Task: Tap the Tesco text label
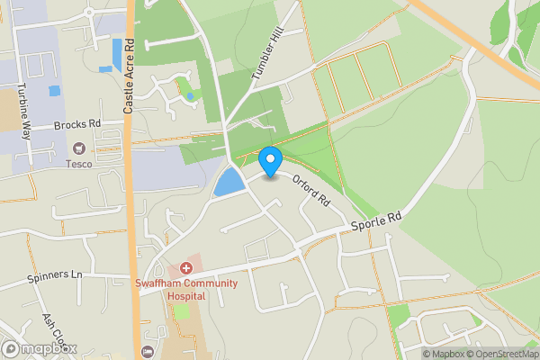tap(79, 163)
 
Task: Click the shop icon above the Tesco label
tap(79, 148)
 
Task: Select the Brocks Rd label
tap(76, 126)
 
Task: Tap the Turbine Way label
tap(22, 110)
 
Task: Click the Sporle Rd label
tap(375, 220)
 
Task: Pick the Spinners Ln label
tap(56, 274)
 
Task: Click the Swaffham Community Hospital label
tap(186, 290)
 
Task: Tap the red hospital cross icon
tap(186, 268)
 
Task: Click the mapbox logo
tap(40, 348)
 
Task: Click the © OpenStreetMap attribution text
tap(501, 354)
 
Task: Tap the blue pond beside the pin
tap(229, 183)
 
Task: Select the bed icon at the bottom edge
tap(147, 351)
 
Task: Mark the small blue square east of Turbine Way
tap(54, 91)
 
